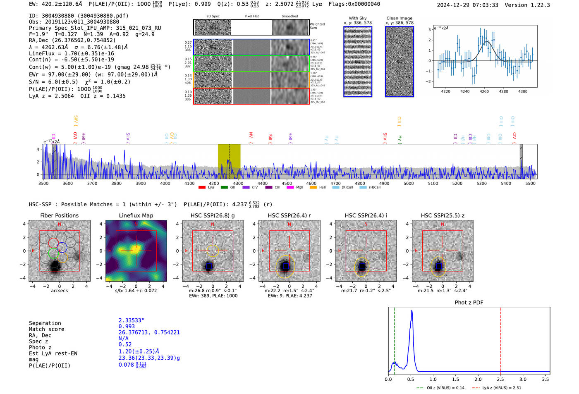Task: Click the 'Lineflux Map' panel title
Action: point(136,215)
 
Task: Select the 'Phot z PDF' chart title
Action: point(469,303)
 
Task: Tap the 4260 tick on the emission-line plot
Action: point(484,91)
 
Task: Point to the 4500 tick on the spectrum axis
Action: point(287,183)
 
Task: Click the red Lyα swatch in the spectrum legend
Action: point(202,188)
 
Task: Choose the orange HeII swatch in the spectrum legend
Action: point(313,188)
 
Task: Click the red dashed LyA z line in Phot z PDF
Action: point(501,339)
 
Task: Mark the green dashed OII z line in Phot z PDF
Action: point(395,339)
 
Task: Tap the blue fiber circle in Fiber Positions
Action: point(62,248)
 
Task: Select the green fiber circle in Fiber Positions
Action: point(53,253)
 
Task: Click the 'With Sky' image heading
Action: point(358,18)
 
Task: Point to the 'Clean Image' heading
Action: point(399,18)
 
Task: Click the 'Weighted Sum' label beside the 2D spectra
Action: point(317,26)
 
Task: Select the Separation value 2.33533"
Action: point(131,320)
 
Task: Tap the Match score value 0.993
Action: point(127,327)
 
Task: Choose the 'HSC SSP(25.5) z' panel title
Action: point(443,215)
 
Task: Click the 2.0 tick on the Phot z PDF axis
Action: point(478,379)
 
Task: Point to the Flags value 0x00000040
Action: point(364,4)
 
